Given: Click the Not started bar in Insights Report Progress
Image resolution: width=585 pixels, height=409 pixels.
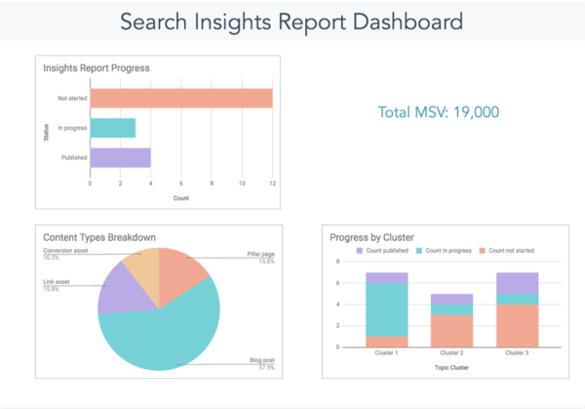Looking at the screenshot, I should [x=181, y=99].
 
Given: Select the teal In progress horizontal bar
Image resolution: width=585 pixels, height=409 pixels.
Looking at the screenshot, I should [x=112, y=128].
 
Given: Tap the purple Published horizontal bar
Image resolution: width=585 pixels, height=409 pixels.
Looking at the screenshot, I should [x=120, y=157].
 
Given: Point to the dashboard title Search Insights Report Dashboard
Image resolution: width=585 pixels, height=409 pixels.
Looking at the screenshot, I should [x=292, y=20].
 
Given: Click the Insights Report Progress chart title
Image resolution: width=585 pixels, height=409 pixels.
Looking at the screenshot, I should [x=96, y=67].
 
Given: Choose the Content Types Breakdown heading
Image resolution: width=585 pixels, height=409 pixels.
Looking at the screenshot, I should [x=99, y=237].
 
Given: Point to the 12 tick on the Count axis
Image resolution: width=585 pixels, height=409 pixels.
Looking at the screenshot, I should [x=272, y=183].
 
